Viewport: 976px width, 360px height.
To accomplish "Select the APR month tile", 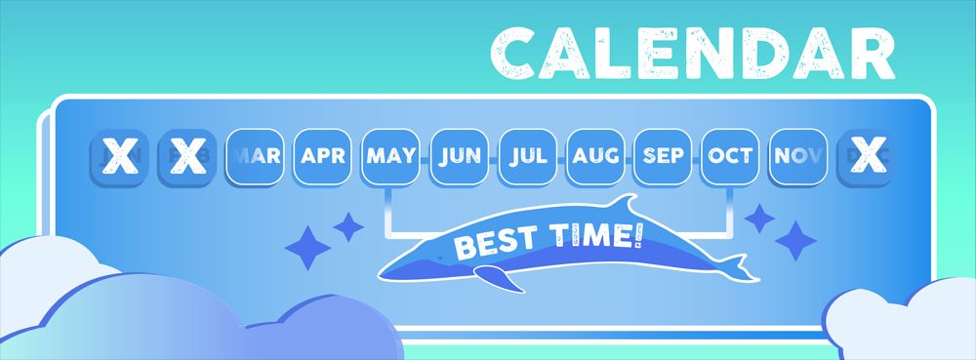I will (322, 156).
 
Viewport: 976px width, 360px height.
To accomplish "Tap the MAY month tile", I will (390, 156).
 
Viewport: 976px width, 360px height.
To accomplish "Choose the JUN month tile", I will (459, 156).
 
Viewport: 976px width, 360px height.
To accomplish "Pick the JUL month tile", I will (527, 156).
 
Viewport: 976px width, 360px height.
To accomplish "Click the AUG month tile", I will (594, 156).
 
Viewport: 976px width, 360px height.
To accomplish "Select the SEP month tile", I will (663, 156).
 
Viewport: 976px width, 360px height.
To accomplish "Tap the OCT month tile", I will (731, 156).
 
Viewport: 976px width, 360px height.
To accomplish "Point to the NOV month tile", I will (798, 156).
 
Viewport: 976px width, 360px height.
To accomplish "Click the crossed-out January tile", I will (118, 156).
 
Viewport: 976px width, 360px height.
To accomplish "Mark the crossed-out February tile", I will (186, 156).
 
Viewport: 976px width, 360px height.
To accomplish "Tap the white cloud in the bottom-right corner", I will (903, 322).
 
